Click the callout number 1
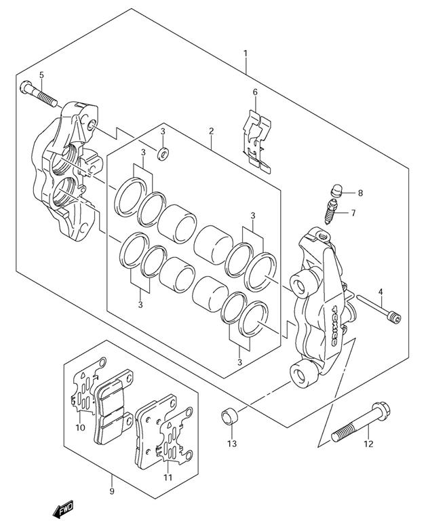tap(246, 54)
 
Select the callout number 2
tap(212, 130)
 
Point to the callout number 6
tap(255, 92)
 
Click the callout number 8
tap(360, 193)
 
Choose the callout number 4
tap(381, 292)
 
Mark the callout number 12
tap(368, 445)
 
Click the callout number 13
tap(231, 444)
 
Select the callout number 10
tap(80, 427)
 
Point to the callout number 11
tap(168, 477)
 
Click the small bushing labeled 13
tap(229, 414)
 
